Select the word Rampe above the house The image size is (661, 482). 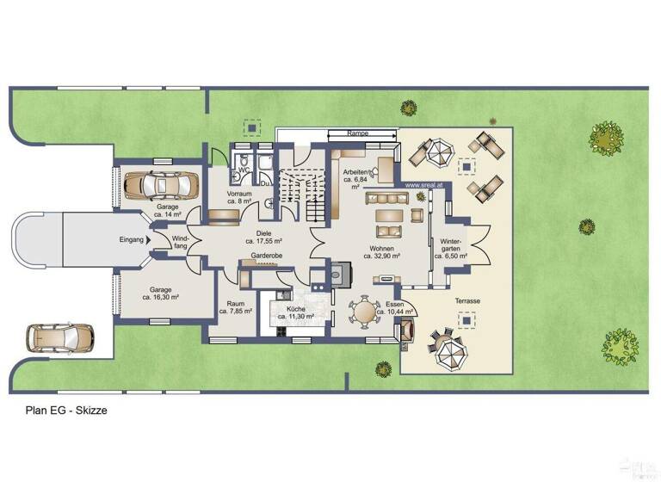pyautogui.click(x=358, y=134)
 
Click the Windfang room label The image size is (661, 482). pyautogui.click(x=180, y=243)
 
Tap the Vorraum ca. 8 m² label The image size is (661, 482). pyautogui.click(x=239, y=198)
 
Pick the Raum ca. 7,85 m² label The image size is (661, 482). pyautogui.click(x=235, y=307)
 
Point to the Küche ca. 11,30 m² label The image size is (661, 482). pyautogui.click(x=294, y=312)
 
